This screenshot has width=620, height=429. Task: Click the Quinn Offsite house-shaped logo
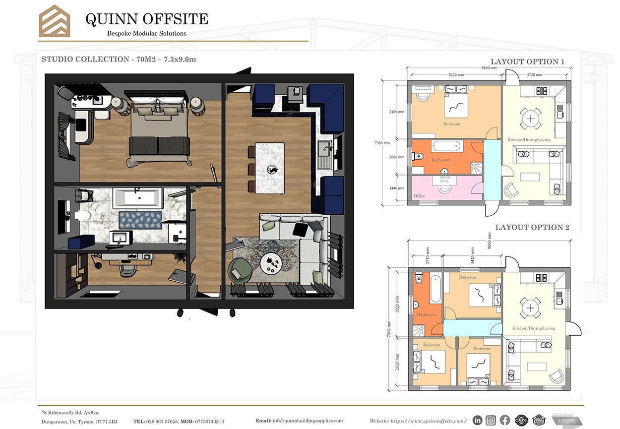point(54,21)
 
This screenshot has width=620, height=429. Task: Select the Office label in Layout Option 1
point(419,196)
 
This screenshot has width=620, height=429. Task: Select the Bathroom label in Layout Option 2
point(426,314)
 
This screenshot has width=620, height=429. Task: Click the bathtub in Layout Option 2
point(435,289)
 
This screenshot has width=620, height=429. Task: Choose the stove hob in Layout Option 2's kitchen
point(541,277)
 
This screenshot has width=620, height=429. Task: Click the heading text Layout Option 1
point(527,61)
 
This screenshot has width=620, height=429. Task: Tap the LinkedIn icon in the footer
point(477,420)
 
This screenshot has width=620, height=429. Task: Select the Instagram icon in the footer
point(491,420)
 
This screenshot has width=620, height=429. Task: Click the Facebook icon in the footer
point(505,420)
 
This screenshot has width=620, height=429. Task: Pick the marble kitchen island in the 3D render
point(270,168)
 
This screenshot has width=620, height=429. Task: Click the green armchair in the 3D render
point(240,272)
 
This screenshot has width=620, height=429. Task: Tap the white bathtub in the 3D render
point(135,197)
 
